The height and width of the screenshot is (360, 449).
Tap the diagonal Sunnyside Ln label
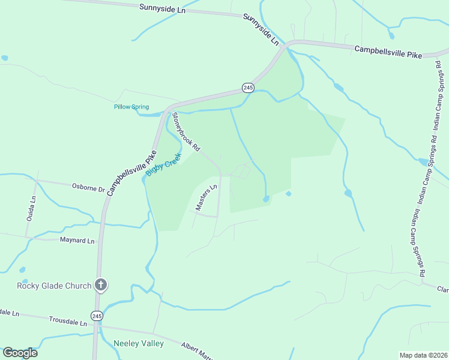(262, 30)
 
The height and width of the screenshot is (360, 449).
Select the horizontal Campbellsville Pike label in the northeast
(388, 52)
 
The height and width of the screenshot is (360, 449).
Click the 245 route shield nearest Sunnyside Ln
(249, 88)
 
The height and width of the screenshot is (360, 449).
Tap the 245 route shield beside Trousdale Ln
(97, 315)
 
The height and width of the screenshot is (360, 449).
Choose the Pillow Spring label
(131, 107)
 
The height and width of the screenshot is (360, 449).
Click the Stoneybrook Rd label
(185, 131)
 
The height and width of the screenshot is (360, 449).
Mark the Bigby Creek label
(163, 163)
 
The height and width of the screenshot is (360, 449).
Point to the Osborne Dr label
(88, 188)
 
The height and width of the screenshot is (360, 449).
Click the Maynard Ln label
(77, 241)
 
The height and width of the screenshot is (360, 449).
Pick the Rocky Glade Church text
(54, 286)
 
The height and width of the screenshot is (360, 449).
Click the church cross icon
(101, 285)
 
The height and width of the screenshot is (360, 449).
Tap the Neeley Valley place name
(139, 343)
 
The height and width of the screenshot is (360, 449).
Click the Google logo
(20, 352)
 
